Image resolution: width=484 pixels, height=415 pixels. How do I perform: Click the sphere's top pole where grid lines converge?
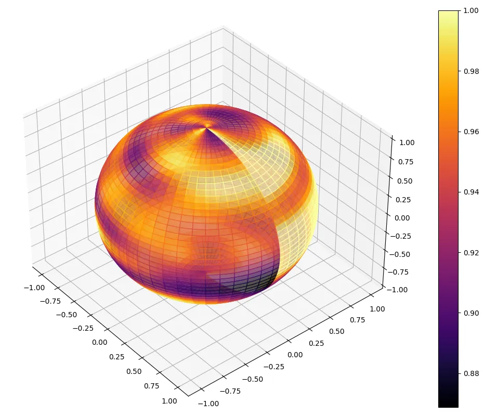pyautogui.click(x=207, y=126)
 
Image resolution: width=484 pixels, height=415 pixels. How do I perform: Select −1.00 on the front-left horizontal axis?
pyautogui.click(x=34, y=288)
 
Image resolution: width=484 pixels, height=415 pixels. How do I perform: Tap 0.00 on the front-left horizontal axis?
pyautogui.click(x=99, y=342)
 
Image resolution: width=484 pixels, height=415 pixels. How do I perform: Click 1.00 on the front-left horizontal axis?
pyautogui.click(x=169, y=401)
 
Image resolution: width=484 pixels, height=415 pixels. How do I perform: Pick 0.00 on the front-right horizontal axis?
pyautogui.click(x=294, y=355)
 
